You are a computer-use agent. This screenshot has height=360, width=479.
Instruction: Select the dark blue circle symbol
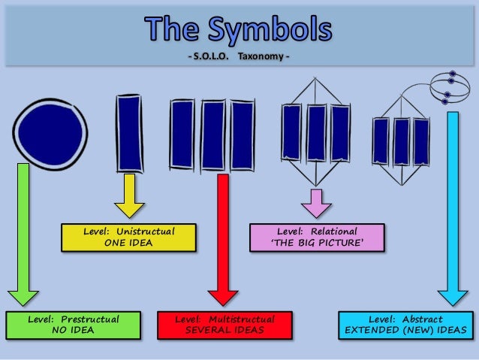50,132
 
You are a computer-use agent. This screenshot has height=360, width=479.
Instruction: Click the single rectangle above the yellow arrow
128,134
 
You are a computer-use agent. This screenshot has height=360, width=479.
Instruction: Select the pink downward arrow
316,203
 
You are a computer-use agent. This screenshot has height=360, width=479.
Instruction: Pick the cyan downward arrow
452,210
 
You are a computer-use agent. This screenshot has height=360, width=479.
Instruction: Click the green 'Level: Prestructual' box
74,325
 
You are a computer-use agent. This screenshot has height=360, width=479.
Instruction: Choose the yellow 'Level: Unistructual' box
128,237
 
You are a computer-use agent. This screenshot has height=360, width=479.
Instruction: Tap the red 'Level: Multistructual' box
224,325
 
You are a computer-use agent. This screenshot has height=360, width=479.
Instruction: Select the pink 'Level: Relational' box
317,237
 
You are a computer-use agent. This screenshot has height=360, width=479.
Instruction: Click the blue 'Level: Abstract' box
405,325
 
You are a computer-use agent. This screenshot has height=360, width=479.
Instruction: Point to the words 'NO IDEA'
74,331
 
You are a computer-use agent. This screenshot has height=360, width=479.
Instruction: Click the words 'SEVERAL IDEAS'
224,331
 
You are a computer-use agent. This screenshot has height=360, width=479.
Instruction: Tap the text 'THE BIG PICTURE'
317,243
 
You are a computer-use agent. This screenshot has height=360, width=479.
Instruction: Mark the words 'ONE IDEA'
128,243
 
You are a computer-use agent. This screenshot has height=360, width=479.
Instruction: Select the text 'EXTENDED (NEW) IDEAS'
405,331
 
